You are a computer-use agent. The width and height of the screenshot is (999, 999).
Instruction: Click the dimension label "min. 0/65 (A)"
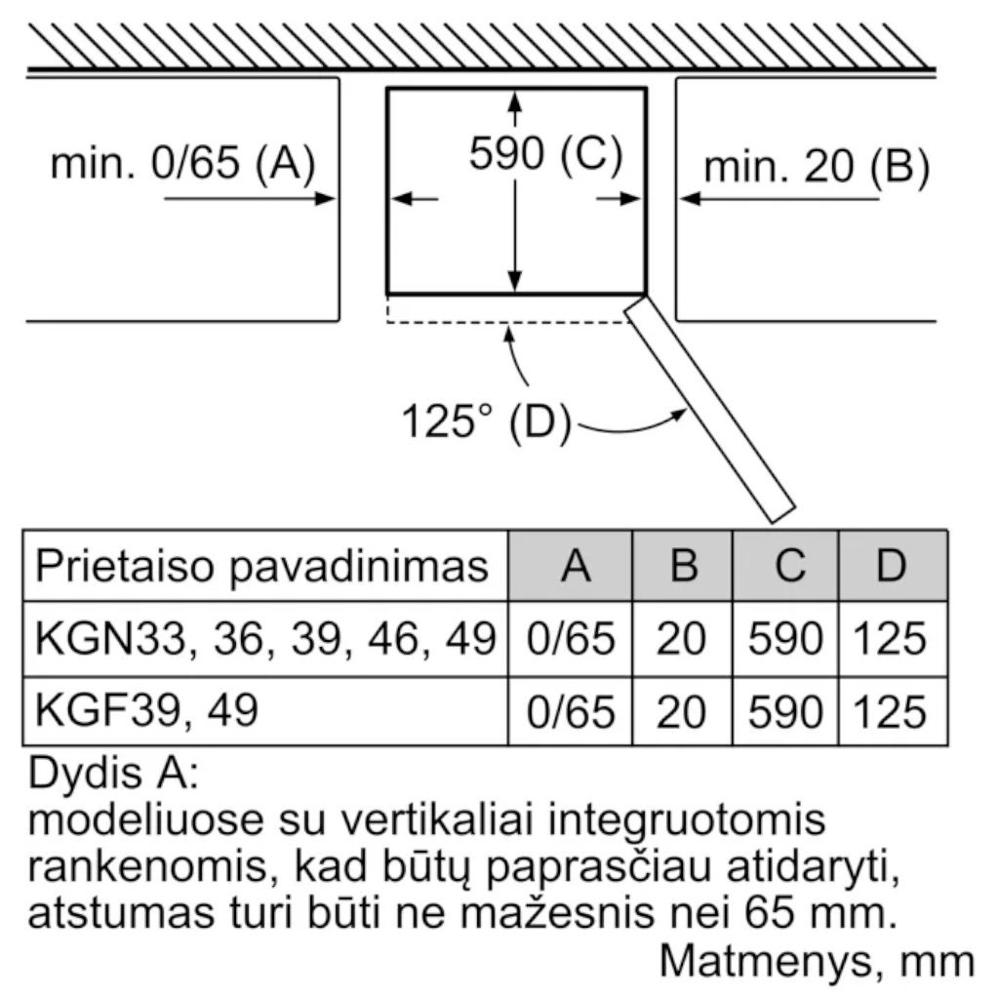coord(182,163)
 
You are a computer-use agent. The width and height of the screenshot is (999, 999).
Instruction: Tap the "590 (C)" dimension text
coord(546,153)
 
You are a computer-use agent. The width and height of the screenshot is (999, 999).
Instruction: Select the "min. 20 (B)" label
coord(817,167)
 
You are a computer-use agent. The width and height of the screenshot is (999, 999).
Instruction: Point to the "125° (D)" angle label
coord(486,420)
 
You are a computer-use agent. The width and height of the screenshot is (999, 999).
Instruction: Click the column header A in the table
coord(576,565)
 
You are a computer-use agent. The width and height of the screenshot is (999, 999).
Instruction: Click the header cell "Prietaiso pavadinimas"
coord(261,566)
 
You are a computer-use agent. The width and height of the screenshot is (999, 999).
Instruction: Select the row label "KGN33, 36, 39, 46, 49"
coord(265,638)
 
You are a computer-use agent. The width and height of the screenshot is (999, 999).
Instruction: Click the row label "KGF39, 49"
coord(146,710)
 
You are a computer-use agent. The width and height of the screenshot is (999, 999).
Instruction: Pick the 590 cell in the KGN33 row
coord(785,638)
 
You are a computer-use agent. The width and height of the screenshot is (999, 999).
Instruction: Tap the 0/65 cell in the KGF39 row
coord(571,712)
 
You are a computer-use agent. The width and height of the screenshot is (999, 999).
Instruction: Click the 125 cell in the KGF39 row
coord(890,712)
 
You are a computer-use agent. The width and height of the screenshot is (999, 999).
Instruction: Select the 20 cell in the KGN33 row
coord(680,638)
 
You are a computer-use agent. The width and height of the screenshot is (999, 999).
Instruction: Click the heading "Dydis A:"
coord(113,774)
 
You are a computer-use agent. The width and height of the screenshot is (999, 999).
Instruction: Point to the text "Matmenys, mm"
coord(817,961)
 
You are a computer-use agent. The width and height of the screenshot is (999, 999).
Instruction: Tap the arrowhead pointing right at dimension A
coord(325,199)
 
